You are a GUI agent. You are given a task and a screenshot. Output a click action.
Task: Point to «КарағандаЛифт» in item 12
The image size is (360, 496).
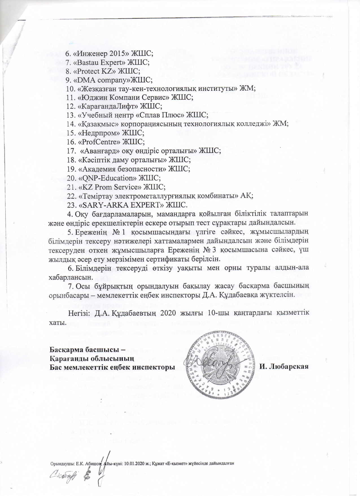(x=108, y=106)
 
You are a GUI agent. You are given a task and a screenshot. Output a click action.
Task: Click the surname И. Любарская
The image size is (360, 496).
(x=283, y=367)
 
